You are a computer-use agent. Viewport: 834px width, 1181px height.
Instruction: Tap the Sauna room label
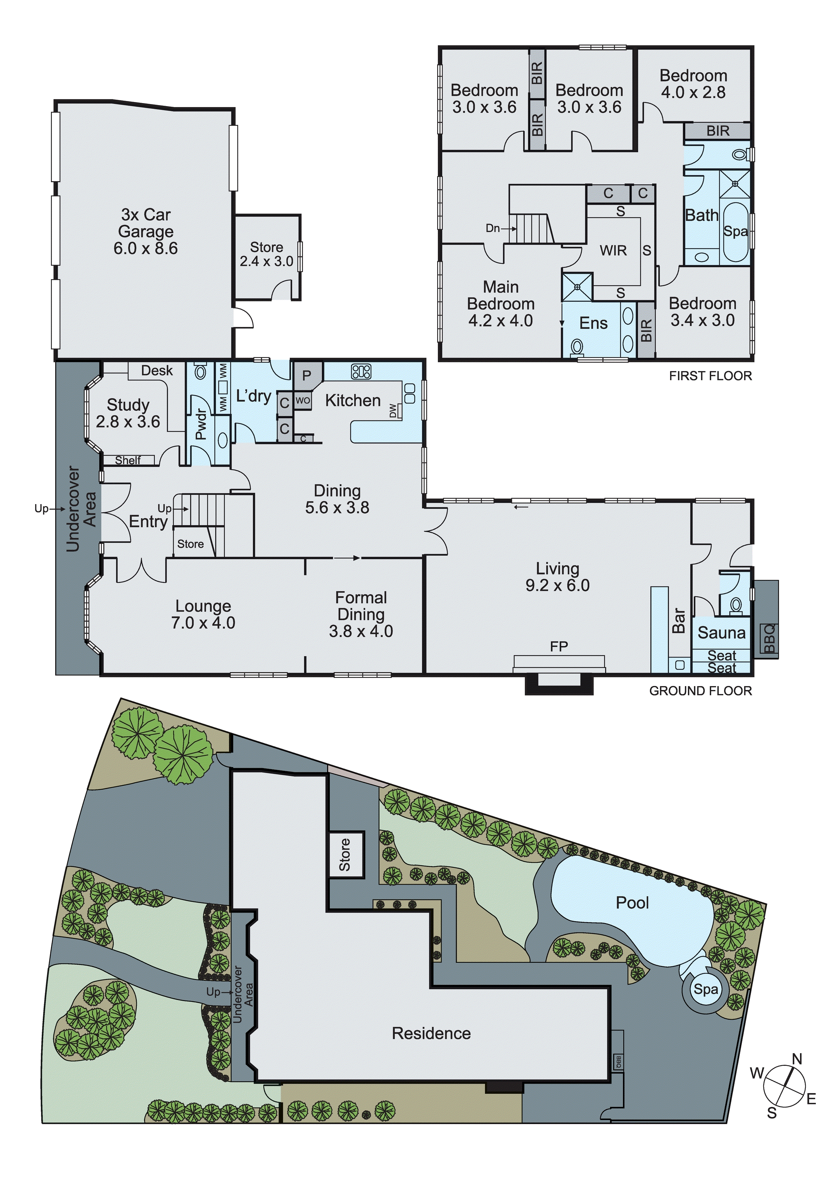click(x=721, y=633)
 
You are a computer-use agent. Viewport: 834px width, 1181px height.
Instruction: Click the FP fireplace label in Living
click(x=559, y=647)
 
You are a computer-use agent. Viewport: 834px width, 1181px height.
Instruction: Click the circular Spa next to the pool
click(x=705, y=989)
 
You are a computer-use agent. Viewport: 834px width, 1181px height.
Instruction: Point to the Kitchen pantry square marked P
click(x=307, y=375)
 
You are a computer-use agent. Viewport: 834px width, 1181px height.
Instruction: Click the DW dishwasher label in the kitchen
click(x=393, y=411)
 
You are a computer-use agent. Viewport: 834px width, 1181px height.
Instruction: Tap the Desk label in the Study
click(x=157, y=370)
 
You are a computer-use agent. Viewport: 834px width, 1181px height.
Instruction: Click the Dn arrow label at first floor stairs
click(x=493, y=228)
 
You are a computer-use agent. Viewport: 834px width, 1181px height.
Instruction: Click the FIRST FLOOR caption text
click(x=710, y=376)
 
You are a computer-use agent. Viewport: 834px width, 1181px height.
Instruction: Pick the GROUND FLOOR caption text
click(x=700, y=691)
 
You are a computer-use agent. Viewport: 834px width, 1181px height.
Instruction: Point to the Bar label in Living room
click(x=679, y=620)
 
